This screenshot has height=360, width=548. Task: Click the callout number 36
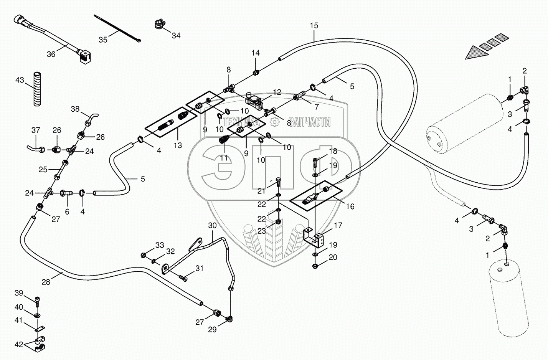51,54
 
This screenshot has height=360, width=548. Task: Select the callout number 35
103,39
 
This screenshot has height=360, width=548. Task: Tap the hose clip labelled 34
159,24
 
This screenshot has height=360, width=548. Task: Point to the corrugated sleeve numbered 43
37,88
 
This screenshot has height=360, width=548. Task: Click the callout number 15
314,26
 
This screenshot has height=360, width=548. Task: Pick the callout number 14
256,53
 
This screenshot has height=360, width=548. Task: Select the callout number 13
178,145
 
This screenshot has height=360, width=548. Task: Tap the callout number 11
223,157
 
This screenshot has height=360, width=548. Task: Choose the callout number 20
333,257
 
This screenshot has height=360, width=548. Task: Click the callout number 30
213,225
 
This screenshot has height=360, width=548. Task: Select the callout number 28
46,282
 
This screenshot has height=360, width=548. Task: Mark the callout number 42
19,344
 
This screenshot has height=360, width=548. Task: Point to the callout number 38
75,109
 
